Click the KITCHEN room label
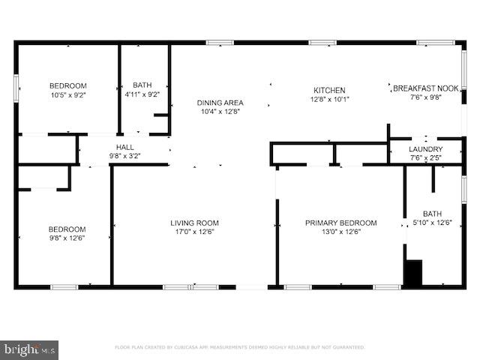pos(329,89)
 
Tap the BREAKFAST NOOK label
pos(425,88)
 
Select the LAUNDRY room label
pos(425,149)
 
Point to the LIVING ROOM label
pos(194,223)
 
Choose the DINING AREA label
pos(220,103)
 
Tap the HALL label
pos(124,147)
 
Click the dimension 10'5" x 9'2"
pos(68,95)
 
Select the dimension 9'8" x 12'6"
pos(67,239)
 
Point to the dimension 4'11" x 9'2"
pos(142,95)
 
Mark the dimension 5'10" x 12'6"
pos(432,223)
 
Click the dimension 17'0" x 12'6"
pos(194,232)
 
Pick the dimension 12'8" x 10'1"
pos(329,99)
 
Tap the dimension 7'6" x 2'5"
pos(425,158)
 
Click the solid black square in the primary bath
pos(413,272)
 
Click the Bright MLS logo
pos(30,349)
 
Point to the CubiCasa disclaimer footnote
pos(239,347)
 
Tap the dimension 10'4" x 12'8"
pos(220,112)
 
